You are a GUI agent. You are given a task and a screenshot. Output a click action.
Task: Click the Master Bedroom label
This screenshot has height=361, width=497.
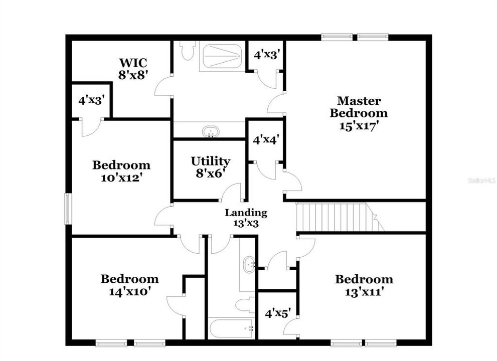358,107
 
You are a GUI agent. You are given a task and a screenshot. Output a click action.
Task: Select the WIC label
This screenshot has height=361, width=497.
133,63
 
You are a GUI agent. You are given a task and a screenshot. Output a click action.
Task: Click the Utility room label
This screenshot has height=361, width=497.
210,161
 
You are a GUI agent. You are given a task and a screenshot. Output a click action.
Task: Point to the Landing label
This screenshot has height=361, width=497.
245,213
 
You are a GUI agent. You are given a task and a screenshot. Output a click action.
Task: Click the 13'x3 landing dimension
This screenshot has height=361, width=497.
245,224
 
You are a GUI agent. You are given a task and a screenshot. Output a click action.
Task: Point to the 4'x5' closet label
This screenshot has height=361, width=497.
277,314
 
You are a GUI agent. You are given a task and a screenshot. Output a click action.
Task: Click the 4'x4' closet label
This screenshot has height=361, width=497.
265,140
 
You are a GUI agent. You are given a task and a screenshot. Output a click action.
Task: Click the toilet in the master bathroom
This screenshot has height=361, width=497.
188,50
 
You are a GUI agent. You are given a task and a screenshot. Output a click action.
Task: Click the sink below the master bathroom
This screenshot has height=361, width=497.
211,132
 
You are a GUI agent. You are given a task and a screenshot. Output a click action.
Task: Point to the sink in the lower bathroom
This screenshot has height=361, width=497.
249,265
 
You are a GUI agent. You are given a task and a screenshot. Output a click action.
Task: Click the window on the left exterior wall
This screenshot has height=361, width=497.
68,209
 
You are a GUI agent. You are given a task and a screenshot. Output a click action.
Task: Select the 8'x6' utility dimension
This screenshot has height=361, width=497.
210,173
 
